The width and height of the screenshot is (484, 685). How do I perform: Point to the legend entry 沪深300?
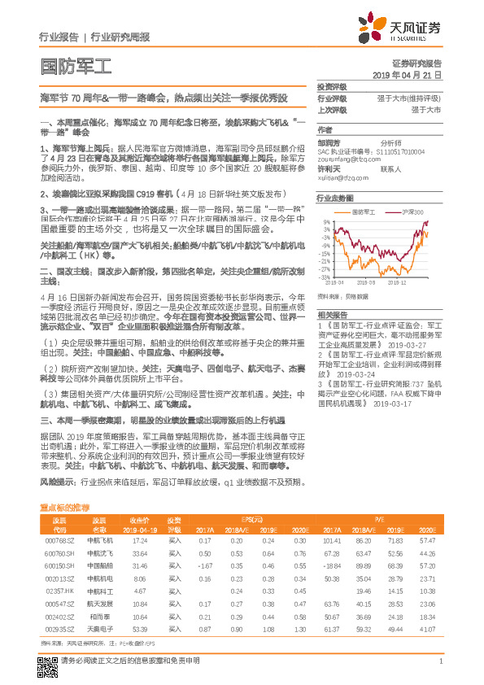[413, 212]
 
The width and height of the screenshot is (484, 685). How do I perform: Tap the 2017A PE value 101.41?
[331, 539]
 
